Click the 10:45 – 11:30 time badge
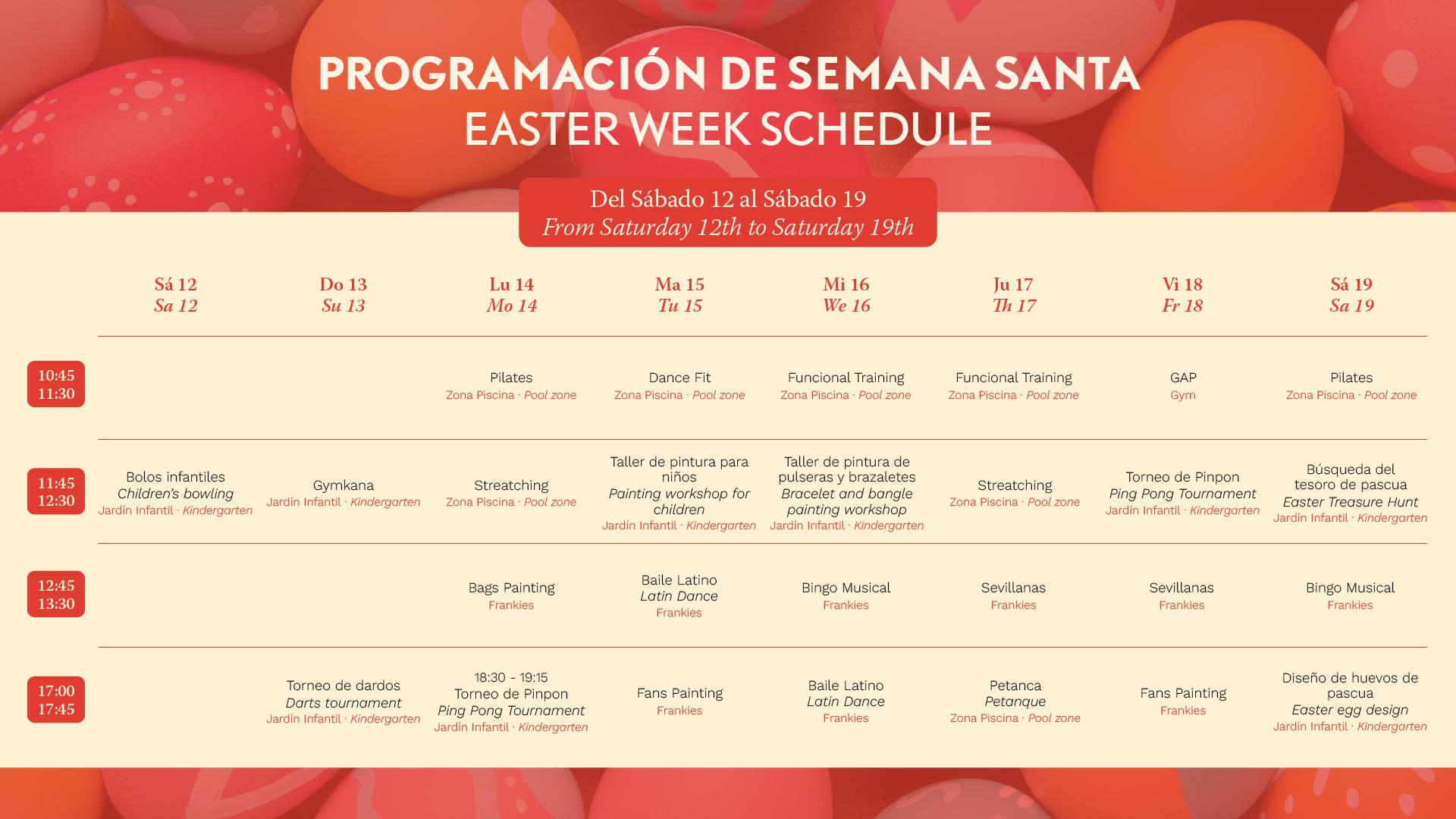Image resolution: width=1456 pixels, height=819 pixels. (56, 384)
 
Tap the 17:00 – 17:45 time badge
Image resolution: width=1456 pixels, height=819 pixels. (56, 700)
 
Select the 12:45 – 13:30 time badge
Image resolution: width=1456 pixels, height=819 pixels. (56, 595)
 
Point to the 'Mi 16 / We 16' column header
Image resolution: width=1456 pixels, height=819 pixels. (846, 295)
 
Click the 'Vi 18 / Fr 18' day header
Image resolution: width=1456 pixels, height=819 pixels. (1182, 295)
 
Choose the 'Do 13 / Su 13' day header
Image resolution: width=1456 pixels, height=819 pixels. (343, 295)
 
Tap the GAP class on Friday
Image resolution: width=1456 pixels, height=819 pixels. (1183, 385)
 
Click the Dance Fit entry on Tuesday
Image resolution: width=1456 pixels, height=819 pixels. (679, 385)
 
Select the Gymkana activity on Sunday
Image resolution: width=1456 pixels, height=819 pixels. (343, 493)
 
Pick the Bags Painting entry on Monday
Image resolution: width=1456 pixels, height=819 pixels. (511, 595)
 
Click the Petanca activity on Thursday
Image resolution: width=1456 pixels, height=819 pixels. (1015, 701)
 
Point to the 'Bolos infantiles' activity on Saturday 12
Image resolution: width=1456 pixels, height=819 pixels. (175, 493)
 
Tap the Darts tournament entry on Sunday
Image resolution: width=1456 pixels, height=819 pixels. (343, 701)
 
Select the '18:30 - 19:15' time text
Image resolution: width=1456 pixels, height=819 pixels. (511, 677)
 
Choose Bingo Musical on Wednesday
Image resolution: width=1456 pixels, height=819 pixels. (846, 595)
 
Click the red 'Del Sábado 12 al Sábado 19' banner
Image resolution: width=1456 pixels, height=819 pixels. (728, 212)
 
